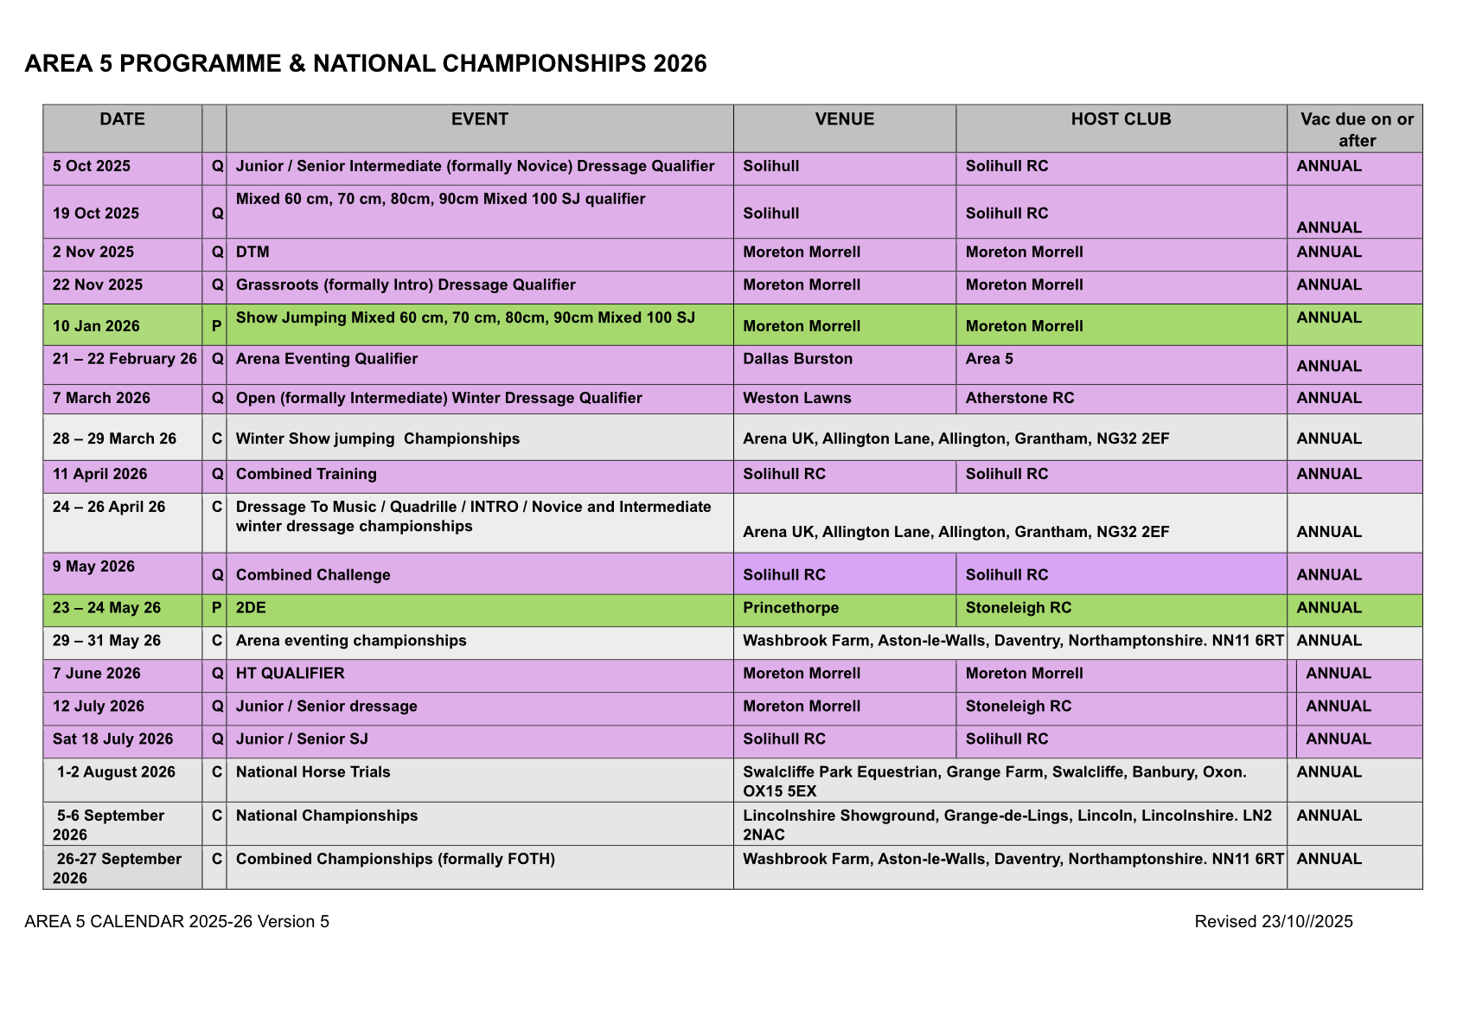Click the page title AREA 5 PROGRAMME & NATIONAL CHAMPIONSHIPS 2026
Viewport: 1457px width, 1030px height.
(366, 64)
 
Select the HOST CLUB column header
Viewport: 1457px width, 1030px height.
(1121, 119)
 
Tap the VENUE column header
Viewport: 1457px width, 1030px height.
(844, 119)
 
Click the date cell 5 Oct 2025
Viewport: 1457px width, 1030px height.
(92, 166)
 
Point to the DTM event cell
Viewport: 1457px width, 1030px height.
(252, 253)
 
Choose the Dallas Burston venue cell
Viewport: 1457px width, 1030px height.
(797, 359)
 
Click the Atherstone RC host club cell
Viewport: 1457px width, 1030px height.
(1019, 398)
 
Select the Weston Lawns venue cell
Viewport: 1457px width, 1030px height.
(796, 398)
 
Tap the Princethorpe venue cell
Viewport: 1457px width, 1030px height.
(790, 608)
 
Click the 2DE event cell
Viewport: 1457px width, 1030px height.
(251, 608)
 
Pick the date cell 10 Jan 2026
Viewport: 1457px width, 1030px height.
(96, 326)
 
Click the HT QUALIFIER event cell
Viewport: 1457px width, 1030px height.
(290, 674)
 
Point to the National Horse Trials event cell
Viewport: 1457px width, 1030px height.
(313, 772)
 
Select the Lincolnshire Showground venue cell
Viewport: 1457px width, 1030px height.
(1007, 824)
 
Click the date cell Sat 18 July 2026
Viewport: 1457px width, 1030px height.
(112, 739)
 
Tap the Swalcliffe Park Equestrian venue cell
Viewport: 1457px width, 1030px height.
(994, 781)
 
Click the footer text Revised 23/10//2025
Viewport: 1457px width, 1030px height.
(1273, 922)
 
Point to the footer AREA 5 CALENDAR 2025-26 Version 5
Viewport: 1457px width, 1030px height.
(177, 922)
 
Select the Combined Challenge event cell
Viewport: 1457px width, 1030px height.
(313, 575)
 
